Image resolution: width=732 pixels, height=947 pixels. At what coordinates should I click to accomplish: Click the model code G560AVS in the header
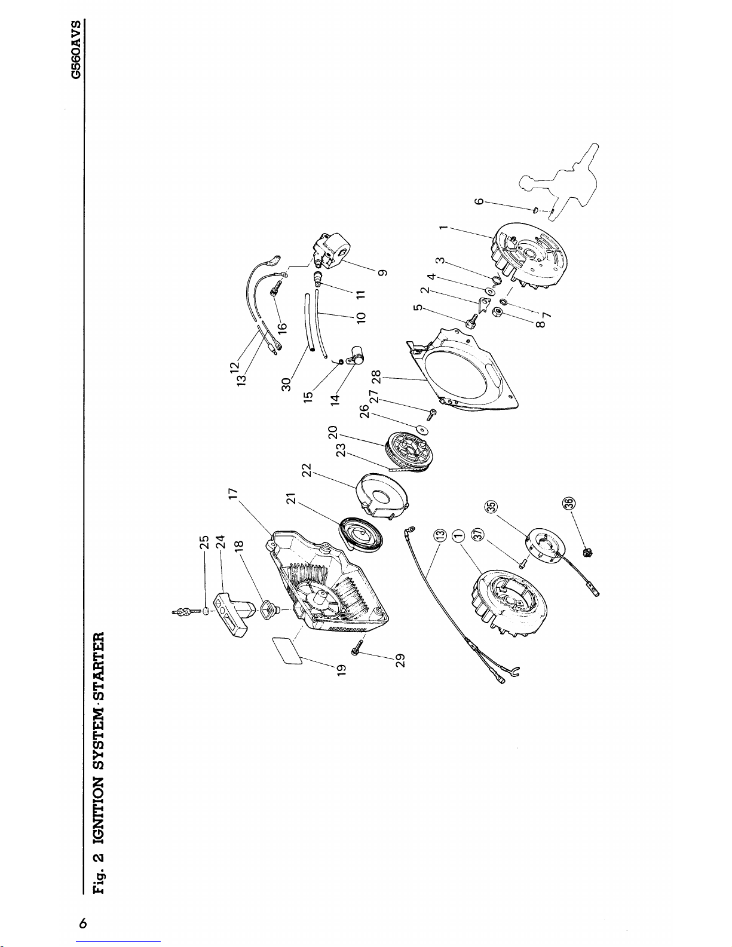point(76,49)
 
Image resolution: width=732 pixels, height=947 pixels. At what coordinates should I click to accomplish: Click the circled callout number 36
point(569,503)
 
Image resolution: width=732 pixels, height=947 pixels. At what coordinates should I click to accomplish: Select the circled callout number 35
point(491,507)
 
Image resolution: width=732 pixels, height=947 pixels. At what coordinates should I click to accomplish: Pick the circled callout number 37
point(478,534)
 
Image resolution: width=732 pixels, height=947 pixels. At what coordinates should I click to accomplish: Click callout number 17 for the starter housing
point(234,494)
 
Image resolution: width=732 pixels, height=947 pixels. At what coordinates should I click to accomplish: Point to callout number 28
point(376,376)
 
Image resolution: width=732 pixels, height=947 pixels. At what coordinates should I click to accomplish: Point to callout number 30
point(286,384)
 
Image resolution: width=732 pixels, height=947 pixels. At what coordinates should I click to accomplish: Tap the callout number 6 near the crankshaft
point(479,201)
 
